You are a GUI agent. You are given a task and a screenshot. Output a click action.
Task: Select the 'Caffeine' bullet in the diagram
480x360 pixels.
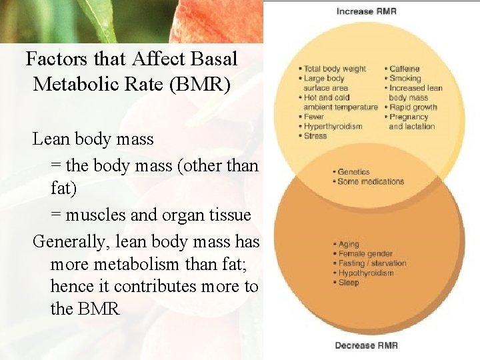pos(405,69)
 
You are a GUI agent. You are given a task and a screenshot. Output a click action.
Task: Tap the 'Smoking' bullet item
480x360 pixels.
pos(405,79)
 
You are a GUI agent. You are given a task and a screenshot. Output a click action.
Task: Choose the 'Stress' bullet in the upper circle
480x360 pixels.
pos(315,136)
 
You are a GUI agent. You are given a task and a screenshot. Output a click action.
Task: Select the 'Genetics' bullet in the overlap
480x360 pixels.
pos(353,172)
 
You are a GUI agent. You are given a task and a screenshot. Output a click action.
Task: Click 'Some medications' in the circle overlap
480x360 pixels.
pos(370,181)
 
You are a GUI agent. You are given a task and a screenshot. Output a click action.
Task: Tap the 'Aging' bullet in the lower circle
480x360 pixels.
pos(349,245)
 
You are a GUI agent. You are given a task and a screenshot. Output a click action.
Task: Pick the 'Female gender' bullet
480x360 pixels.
pos(365,254)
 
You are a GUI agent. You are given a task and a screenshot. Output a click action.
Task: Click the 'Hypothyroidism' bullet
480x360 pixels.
pos(367,273)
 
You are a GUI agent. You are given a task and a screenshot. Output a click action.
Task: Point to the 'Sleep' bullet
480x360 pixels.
pos(348,283)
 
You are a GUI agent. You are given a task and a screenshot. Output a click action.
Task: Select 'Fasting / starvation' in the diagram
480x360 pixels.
pos(371,263)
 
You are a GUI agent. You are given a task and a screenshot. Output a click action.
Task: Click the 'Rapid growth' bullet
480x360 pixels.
pos(413,107)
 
